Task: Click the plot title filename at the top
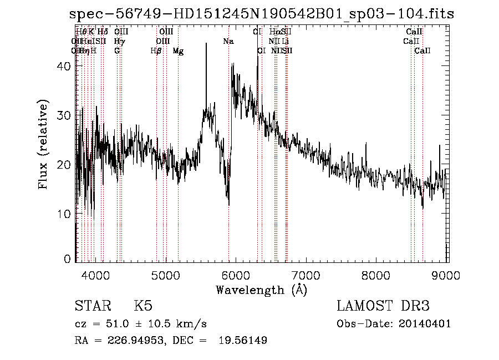262,14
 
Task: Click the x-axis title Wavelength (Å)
261,290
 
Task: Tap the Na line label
228,42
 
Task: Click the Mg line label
178,51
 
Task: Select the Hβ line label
156,51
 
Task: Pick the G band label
117,51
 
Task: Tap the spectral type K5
143,306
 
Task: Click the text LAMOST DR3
383,306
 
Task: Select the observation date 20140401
426,324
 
